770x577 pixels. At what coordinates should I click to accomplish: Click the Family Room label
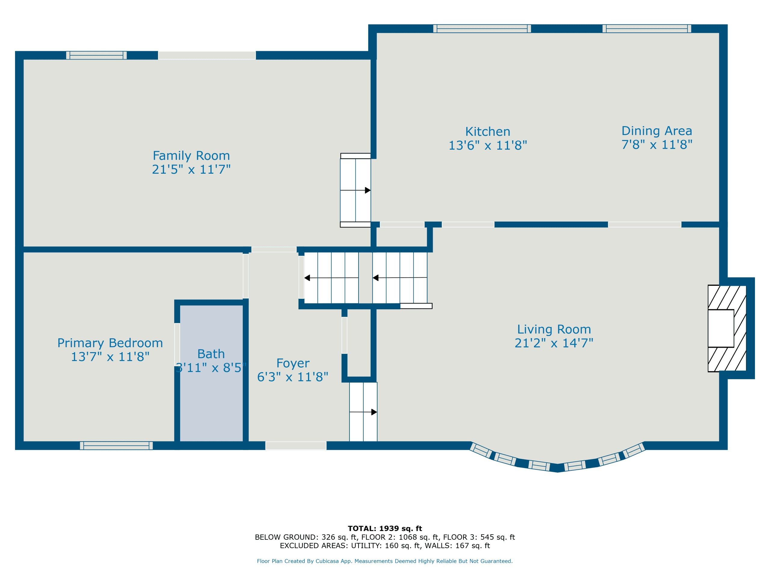pyautogui.click(x=191, y=155)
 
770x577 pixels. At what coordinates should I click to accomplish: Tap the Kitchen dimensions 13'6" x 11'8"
pyautogui.click(x=488, y=145)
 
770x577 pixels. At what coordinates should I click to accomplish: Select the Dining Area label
pyautogui.click(x=657, y=131)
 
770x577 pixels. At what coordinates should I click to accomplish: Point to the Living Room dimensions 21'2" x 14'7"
pyautogui.click(x=554, y=343)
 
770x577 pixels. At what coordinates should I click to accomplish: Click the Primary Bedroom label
pyautogui.click(x=110, y=343)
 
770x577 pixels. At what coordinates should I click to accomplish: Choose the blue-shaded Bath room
pyautogui.click(x=211, y=374)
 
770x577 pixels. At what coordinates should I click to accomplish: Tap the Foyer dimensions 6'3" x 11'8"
pyautogui.click(x=293, y=377)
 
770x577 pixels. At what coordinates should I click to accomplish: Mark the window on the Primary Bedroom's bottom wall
pyautogui.click(x=116, y=446)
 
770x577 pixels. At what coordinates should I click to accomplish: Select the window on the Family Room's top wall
pyautogui.click(x=97, y=55)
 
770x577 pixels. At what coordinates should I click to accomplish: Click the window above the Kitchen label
pyautogui.click(x=482, y=29)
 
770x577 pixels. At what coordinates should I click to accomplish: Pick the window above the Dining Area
pyautogui.click(x=647, y=29)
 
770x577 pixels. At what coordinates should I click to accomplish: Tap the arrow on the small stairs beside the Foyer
pyautogui.click(x=363, y=412)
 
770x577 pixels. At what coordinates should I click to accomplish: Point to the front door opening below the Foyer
pyautogui.click(x=296, y=446)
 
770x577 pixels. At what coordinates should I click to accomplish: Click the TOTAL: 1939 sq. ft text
pyautogui.click(x=385, y=529)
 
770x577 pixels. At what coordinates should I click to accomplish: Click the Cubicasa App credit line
pyautogui.click(x=385, y=561)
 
